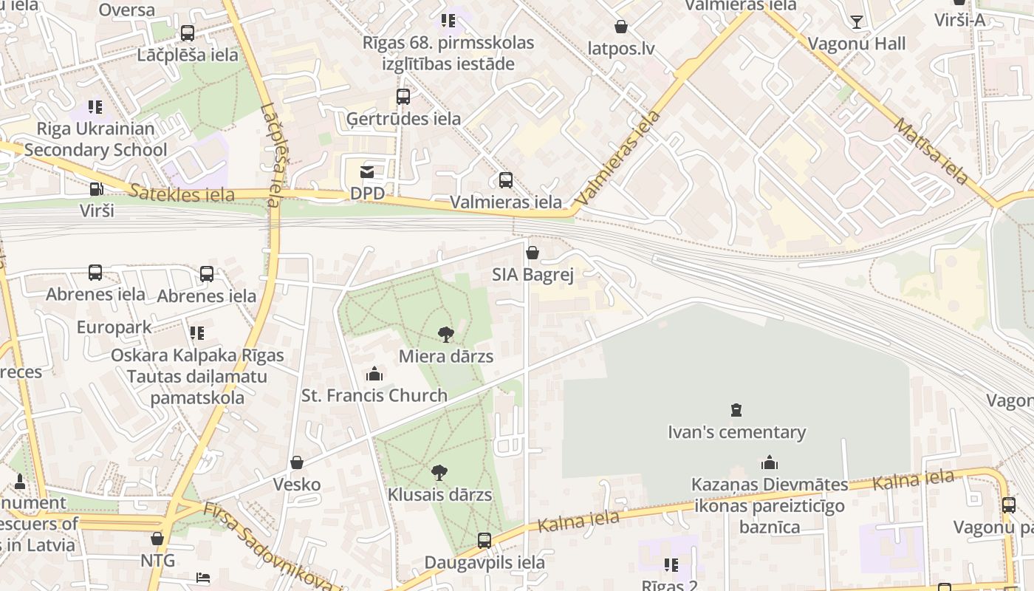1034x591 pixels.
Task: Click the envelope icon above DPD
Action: [366, 172]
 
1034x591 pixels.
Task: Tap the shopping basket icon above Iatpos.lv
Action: [621, 27]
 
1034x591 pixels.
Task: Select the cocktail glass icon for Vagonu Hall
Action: [856, 22]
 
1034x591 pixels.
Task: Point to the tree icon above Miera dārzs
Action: [445, 335]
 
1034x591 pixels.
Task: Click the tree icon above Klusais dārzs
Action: [439, 473]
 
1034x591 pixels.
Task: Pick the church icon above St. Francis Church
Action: [374, 374]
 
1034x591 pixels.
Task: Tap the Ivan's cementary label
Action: [736, 432]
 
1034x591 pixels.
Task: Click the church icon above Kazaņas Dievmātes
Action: [770, 463]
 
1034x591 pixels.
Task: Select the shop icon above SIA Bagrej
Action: [533, 253]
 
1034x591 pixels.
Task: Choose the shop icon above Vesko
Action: [297, 463]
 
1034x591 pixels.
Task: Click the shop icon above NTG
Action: [157, 539]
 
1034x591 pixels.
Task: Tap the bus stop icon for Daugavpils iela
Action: [485, 541]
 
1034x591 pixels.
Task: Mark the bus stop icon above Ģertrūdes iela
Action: [403, 97]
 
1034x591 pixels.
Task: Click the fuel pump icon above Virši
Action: [96, 189]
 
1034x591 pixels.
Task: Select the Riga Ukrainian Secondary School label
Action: [95, 139]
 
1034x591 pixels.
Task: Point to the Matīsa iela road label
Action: [931, 151]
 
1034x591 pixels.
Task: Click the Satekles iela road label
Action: [182, 194]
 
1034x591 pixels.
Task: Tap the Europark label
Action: [114, 327]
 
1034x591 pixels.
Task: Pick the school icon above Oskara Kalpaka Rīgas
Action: [197, 333]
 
